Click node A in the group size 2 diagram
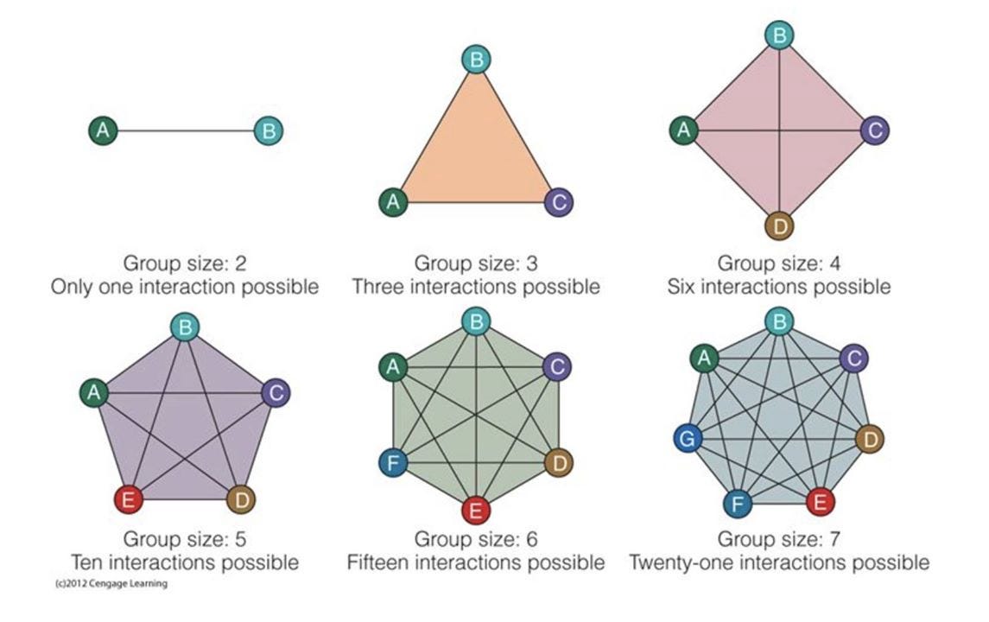(103, 131)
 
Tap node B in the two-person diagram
(269, 131)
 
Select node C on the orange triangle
(559, 202)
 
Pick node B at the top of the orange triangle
(476, 60)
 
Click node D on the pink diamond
(779, 227)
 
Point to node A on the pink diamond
(684, 130)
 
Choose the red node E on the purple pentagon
(128, 498)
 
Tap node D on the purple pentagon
(241, 498)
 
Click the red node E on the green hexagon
(475, 511)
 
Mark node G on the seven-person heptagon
(688, 439)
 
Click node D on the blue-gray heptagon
(870, 439)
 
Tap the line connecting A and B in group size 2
(186, 131)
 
